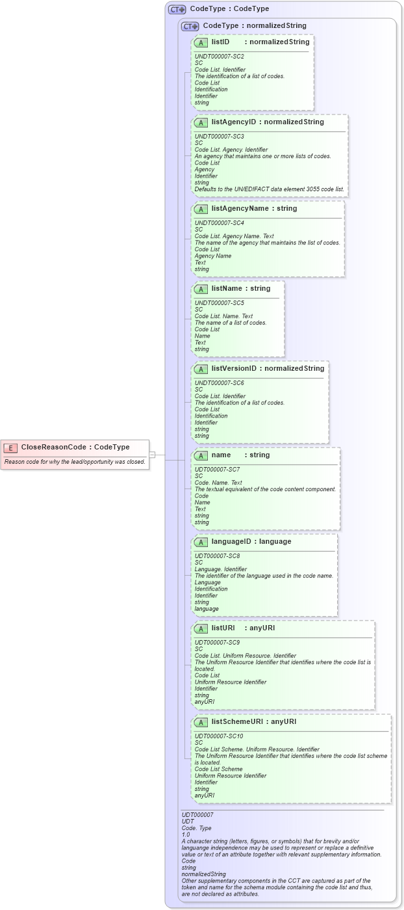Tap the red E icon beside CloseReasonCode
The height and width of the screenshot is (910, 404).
point(11,448)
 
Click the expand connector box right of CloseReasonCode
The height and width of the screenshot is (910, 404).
point(152,454)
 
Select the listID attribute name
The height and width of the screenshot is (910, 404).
point(220,42)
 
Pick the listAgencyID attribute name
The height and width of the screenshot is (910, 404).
point(233,122)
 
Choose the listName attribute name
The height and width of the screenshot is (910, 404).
point(227,288)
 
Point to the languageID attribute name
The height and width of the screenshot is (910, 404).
point(232,541)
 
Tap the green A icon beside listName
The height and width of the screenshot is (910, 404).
point(201,289)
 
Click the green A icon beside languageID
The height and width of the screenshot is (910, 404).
point(201,542)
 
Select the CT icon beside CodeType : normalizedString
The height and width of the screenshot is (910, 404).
point(190,26)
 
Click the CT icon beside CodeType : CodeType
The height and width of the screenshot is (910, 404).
point(177,9)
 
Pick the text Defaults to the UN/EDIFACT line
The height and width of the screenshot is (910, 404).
point(270,189)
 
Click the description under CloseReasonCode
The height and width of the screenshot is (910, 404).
point(75,462)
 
